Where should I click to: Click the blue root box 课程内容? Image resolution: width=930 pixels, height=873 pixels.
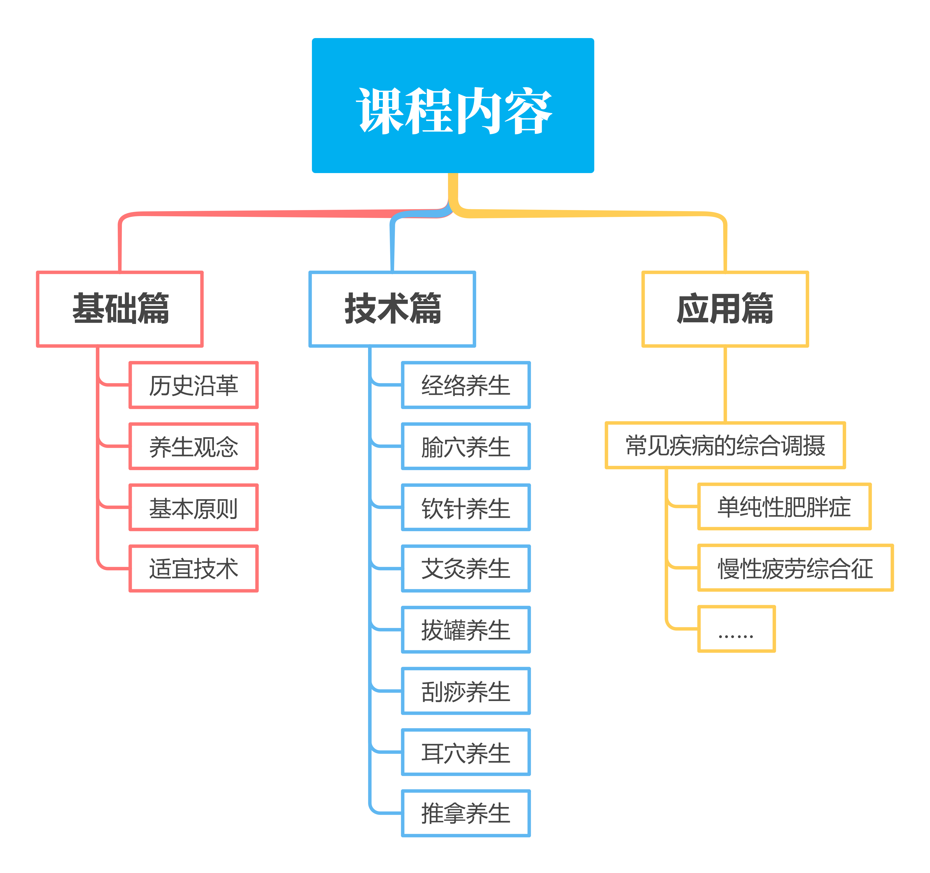(453, 106)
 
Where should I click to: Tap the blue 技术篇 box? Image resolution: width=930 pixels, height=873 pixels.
(392, 309)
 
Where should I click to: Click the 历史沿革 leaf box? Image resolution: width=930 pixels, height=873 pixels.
(193, 385)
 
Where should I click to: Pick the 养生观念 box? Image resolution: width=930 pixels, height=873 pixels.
(193, 446)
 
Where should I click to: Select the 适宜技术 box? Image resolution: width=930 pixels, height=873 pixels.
(193, 568)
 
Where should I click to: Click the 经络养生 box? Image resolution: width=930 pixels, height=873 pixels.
(466, 385)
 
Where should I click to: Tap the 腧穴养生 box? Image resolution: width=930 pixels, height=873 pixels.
(466, 446)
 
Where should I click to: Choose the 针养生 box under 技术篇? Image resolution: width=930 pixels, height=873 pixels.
(466, 508)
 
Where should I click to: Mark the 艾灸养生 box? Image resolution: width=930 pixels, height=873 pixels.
(466, 568)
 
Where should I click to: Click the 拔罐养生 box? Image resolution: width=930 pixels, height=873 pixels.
(466, 630)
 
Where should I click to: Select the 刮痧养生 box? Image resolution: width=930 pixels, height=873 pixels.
(466, 691)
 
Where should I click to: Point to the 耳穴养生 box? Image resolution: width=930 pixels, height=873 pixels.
(466, 752)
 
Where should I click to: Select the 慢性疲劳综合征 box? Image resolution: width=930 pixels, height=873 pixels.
(795, 568)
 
